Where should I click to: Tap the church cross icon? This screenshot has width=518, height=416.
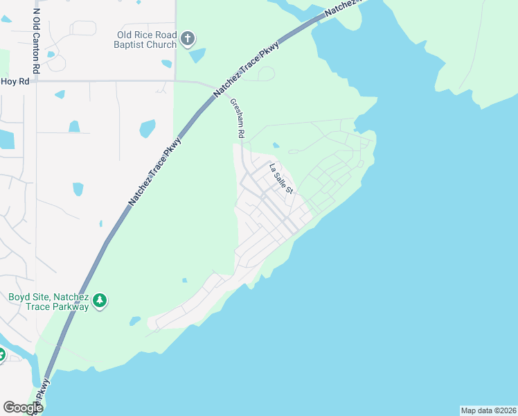point(187,39)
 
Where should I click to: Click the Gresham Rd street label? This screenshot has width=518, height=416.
point(238,117)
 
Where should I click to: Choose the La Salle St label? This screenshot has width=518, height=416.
point(282,178)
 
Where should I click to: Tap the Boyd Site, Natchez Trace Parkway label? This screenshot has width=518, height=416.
point(48,302)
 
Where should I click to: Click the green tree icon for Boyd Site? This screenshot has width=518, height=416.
point(101,300)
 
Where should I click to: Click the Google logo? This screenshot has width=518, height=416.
point(23,408)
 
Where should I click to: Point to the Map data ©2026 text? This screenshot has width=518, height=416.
point(488,410)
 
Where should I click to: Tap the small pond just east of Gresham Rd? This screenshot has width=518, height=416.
point(276,145)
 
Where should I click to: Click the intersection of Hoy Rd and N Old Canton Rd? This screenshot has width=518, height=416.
point(33,80)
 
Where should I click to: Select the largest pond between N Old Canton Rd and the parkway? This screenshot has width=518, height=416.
point(148,128)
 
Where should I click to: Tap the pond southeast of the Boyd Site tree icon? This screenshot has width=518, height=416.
point(134,321)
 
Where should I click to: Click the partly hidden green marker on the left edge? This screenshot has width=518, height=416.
point(2,355)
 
